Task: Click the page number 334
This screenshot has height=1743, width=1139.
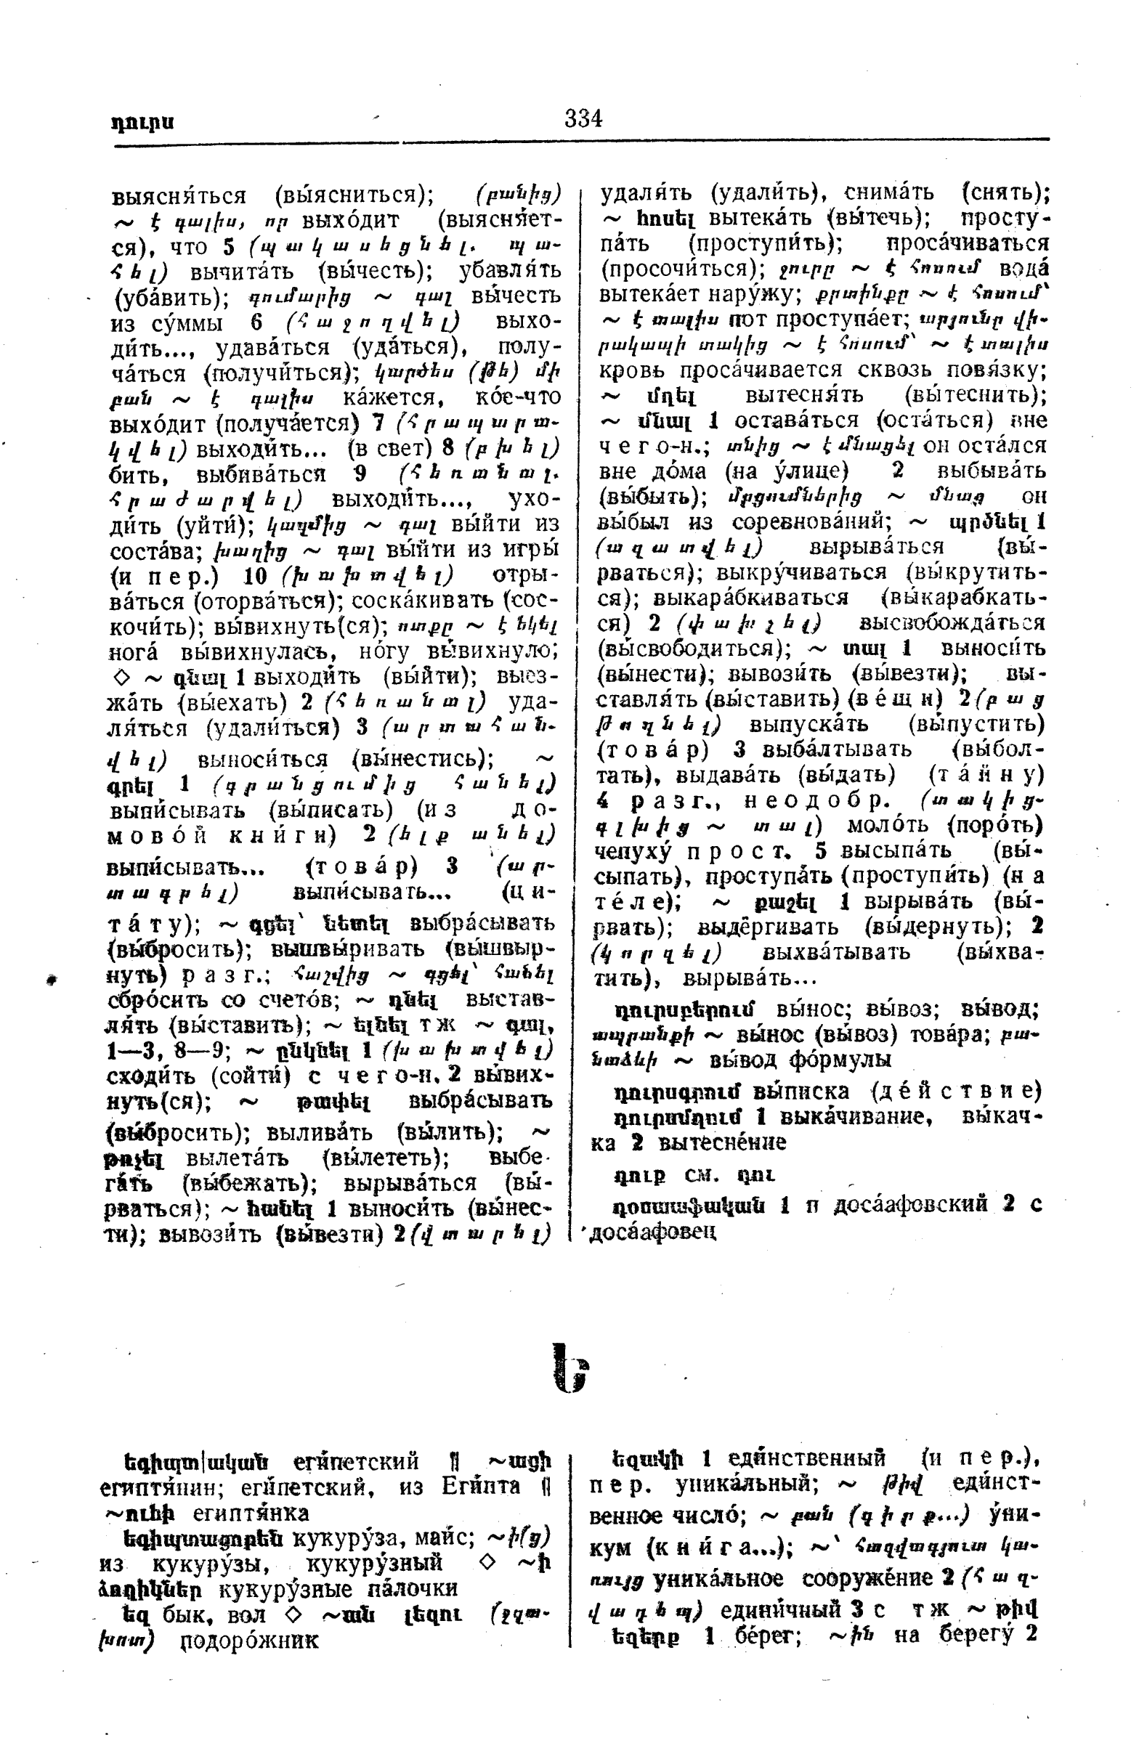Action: click(583, 118)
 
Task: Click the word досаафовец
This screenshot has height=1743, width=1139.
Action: click(652, 1232)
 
